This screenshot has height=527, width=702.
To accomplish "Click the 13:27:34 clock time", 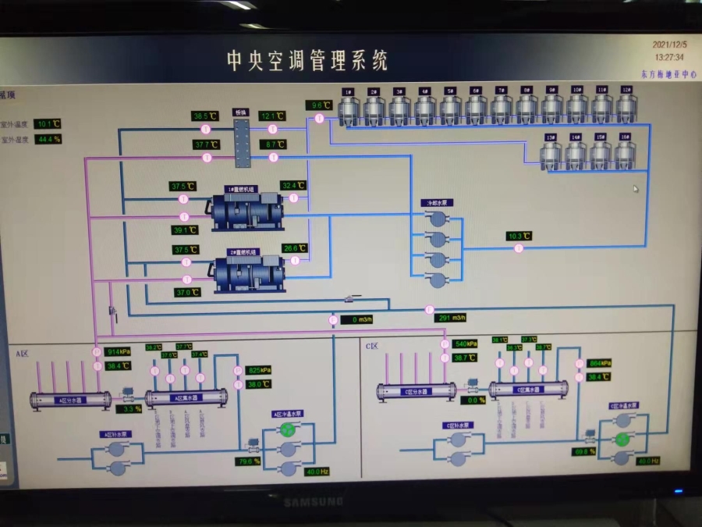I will pos(669,57).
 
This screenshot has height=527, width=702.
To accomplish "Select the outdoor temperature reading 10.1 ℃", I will pos(48,123).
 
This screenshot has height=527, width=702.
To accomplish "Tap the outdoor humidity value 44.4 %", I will pos(48,139).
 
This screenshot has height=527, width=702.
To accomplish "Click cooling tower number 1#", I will pos(349,109).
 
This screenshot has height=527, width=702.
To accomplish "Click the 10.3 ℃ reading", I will pos(519,236).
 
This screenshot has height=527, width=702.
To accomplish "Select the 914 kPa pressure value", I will pos(118,351).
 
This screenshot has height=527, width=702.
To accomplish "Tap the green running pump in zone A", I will pos(288,429).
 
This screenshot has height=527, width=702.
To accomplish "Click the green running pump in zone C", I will pos(622,439).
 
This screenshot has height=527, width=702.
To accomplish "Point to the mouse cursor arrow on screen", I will pos(636,188).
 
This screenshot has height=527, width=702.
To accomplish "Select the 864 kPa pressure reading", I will pos(599,363).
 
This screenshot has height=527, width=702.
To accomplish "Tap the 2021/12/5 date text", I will pos(670,45).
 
